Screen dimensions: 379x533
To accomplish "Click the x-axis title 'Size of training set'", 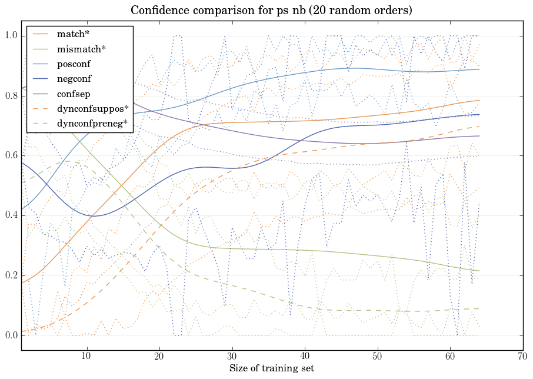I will click(x=271, y=369).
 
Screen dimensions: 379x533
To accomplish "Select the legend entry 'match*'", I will click(x=69, y=34).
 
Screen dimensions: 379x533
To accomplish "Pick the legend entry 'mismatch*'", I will click(x=76, y=49).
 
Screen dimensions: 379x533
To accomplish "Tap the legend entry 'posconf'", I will click(x=74, y=64).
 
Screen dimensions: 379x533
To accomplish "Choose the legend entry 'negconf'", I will click(x=74, y=78).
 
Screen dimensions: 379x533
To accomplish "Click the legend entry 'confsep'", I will click(x=73, y=94).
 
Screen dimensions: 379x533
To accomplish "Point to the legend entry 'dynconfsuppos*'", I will click(x=92, y=109).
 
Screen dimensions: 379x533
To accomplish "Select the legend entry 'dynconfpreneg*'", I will click(x=93, y=124).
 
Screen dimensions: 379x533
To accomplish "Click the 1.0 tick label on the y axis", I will click(x=11, y=36).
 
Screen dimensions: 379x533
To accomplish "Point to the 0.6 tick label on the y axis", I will click(x=11, y=156).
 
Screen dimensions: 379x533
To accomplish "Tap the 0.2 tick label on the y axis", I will click(x=11, y=275).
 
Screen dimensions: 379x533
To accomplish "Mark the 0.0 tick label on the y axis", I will click(x=11, y=335).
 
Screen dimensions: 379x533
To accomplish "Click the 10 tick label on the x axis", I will click(x=86, y=356).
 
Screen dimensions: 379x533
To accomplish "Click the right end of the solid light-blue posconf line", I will click(x=479, y=69).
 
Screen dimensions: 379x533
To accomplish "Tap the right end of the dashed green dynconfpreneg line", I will click(x=479, y=308).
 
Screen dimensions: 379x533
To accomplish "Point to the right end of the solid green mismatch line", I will click(x=479, y=271).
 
